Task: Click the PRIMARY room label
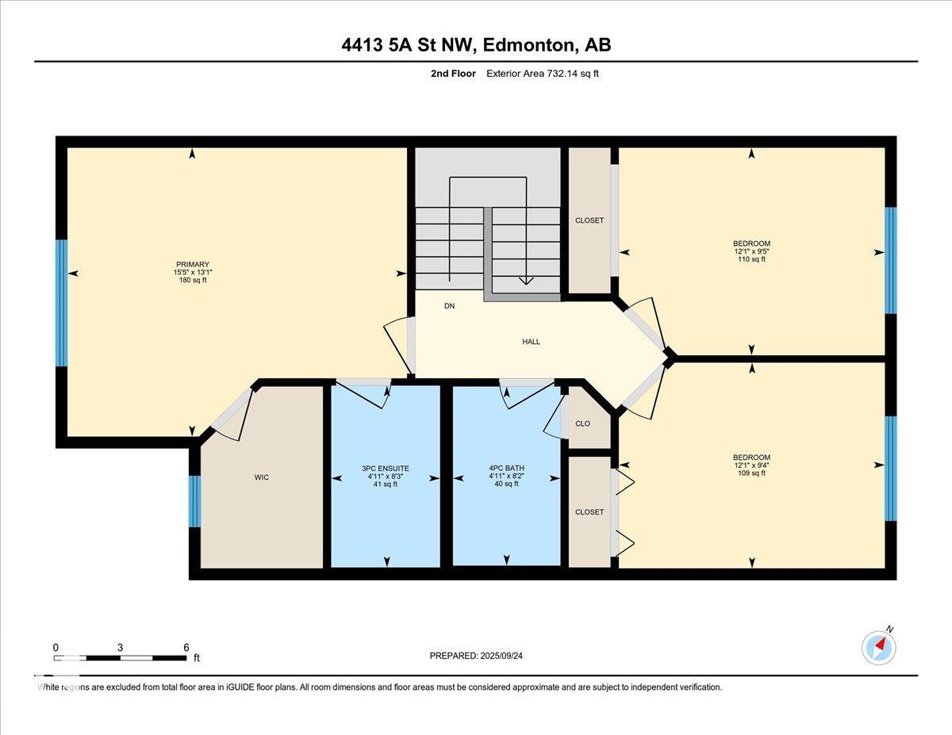pyautogui.click(x=192, y=264)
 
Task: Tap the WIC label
pyautogui.click(x=262, y=477)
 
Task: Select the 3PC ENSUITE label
pyautogui.click(x=385, y=469)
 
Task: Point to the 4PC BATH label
pyautogui.click(x=506, y=468)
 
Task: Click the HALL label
pyautogui.click(x=531, y=342)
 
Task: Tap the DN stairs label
pyautogui.click(x=450, y=306)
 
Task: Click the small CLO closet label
pyautogui.click(x=582, y=423)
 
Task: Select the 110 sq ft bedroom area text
pyautogui.click(x=752, y=259)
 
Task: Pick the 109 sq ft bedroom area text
pyautogui.click(x=752, y=473)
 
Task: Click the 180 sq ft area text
pyautogui.click(x=193, y=280)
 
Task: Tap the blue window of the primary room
pyautogui.click(x=62, y=303)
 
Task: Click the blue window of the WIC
pyautogui.click(x=194, y=501)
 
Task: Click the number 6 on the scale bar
pyautogui.click(x=186, y=648)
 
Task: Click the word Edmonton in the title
pyautogui.click(x=528, y=45)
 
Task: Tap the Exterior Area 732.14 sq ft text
pyautogui.click(x=543, y=74)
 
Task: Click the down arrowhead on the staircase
pyautogui.click(x=526, y=281)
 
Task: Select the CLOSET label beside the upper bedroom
pyautogui.click(x=589, y=220)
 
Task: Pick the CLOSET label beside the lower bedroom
pyautogui.click(x=589, y=511)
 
